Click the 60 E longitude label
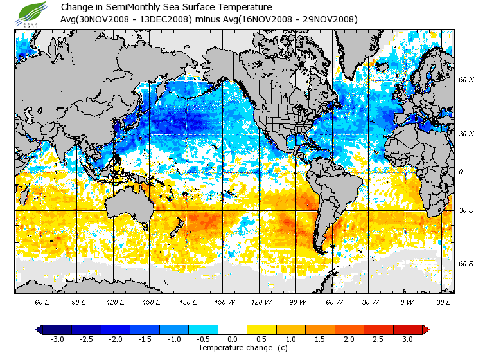tap(42, 301)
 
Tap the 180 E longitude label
tap(188, 301)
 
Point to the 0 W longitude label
tap(407, 301)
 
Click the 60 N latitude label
tap(466, 80)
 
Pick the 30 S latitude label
tap(466, 210)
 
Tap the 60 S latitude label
tap(466, 264)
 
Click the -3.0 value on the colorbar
tap(57, 339)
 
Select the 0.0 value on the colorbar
tap(233, 339)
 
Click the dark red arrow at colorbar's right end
tap(425, 329)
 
